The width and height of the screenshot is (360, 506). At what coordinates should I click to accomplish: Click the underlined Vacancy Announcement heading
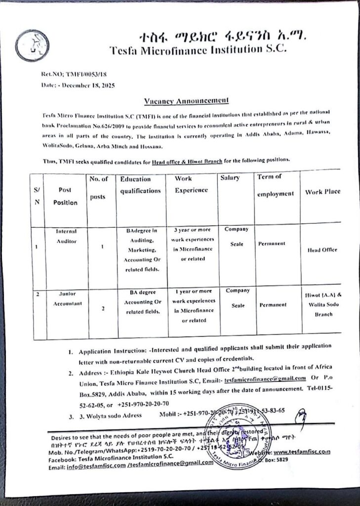(x=186, y=101)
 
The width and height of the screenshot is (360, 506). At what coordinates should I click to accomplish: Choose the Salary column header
(x=230, y=178)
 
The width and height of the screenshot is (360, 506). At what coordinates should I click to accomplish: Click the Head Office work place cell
(x=322, y=250)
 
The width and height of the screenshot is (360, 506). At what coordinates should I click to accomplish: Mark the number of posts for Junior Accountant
(x=103, y=309)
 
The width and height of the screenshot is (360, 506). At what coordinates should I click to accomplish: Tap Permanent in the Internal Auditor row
(x=272, y=244)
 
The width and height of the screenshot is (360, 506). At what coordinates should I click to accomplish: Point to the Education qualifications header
(x=140, y=185)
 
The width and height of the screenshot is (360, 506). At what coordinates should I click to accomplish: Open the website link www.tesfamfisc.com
(x=301, y=452)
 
